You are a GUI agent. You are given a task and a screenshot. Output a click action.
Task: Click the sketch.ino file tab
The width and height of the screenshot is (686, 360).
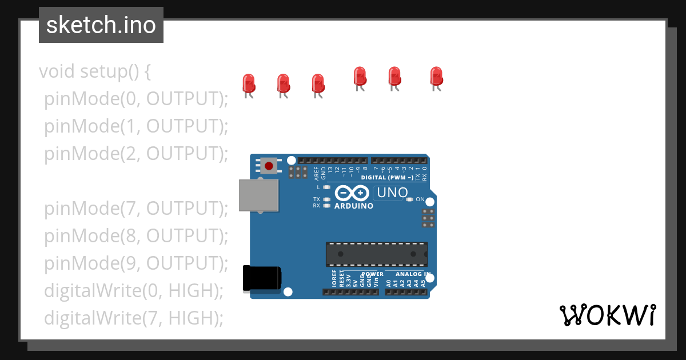coord(101,25)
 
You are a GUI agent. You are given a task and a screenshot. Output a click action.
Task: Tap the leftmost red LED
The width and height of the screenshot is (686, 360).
coord(248,83)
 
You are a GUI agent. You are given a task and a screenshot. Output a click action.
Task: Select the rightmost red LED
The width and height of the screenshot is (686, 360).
coord(436,77)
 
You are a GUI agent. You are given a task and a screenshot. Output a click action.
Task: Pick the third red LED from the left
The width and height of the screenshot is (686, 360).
coord(318,84)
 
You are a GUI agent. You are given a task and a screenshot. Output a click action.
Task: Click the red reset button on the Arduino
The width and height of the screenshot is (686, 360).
coord(269,166)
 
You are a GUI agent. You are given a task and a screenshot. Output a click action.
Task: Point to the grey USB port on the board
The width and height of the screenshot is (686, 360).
coord(259,194)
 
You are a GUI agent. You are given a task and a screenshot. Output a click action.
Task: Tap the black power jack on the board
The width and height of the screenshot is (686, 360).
coord(261,278)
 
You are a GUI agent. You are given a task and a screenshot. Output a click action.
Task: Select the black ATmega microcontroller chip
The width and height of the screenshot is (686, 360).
coord(377,254)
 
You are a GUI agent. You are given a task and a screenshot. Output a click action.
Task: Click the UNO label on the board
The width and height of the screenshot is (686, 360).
coord(391,193)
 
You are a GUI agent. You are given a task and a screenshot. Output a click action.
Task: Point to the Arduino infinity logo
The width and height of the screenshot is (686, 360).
coord(353,193)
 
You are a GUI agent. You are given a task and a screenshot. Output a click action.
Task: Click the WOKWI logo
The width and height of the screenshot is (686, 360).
coord(608,315)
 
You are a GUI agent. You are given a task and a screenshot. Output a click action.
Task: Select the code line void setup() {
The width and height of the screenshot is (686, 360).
coord(95,72)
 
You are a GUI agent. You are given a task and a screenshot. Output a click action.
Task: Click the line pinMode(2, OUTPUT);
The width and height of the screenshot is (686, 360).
coord(136,154)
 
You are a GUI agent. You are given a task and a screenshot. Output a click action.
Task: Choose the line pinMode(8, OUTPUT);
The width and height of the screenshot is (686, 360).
coord(136,235)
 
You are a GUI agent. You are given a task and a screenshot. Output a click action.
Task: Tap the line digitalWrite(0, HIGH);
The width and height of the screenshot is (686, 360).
coord(133,290)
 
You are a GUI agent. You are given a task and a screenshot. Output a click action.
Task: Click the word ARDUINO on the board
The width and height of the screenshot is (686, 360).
coord(354,206)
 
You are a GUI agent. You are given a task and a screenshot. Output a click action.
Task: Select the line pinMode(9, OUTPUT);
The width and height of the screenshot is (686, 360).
coord(136,263)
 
